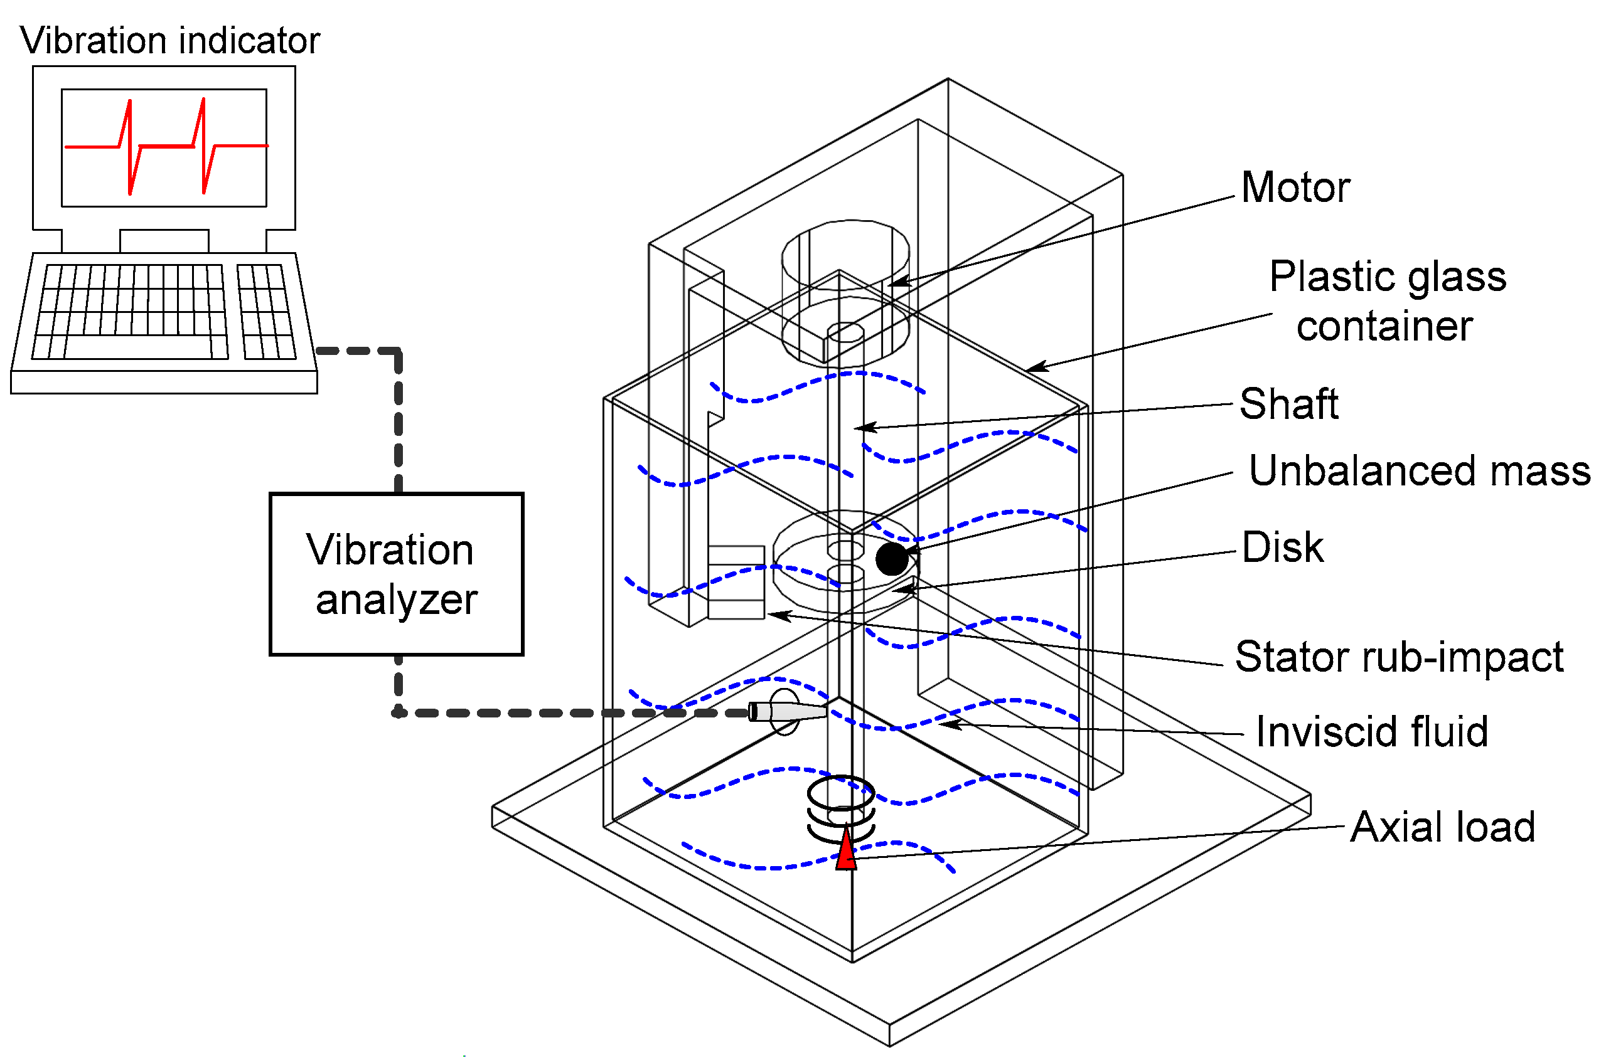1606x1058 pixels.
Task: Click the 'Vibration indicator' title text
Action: pos(169,41)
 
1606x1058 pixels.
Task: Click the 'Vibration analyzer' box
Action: pos(396,574)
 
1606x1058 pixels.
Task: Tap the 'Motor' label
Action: pos(1295,187)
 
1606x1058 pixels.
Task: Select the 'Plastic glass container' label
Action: pos(1386,301)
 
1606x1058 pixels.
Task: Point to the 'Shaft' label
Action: pos(1288,404)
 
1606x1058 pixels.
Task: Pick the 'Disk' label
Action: pos(1282,548)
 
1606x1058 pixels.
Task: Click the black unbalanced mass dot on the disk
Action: pos(892,559)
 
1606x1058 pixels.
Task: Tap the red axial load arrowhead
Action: pos(846,852)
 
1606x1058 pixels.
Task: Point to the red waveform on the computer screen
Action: pos(166,145)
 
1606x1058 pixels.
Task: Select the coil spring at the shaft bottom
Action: pos(841,810)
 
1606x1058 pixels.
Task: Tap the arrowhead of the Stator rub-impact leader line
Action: pos(774,615)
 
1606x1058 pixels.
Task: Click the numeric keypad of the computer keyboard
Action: pos(267,311)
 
